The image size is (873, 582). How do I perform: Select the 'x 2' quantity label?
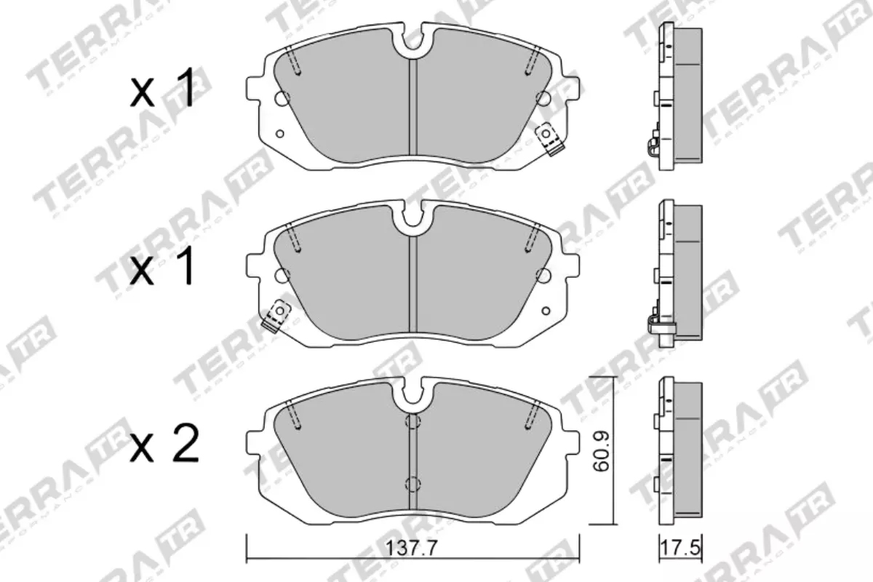(164, 445)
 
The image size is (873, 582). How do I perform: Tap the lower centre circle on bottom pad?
(412, 482)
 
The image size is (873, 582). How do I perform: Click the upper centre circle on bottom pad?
(412, 422)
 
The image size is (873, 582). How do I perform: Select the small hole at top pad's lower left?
(280, 133)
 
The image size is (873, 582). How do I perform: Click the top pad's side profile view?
(679, 96)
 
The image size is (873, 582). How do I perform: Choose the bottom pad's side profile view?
(679, 451)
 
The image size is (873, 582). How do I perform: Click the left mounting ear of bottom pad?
(256, 442)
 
